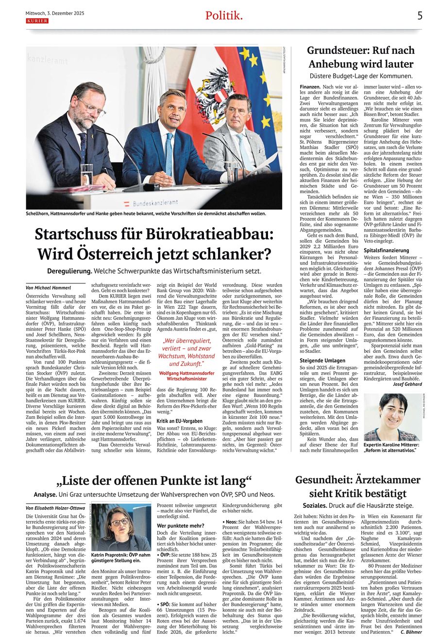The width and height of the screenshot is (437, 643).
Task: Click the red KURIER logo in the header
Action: point(37,21)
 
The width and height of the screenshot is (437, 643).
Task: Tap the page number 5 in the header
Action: point(420,16)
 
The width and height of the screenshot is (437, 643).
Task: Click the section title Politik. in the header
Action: point(224,16)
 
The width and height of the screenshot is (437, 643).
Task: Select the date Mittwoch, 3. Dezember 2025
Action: point(55,14)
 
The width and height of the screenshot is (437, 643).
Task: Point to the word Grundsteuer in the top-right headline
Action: point(340,50)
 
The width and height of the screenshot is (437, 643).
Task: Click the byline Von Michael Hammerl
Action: point(49,288)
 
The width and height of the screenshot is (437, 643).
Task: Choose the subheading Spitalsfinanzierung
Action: point(387,250)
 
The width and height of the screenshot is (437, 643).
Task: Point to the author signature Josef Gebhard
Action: point(407,384)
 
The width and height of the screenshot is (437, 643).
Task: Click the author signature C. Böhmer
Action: point(411,632)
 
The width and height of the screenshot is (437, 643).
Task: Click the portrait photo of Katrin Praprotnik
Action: point(121,527)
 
